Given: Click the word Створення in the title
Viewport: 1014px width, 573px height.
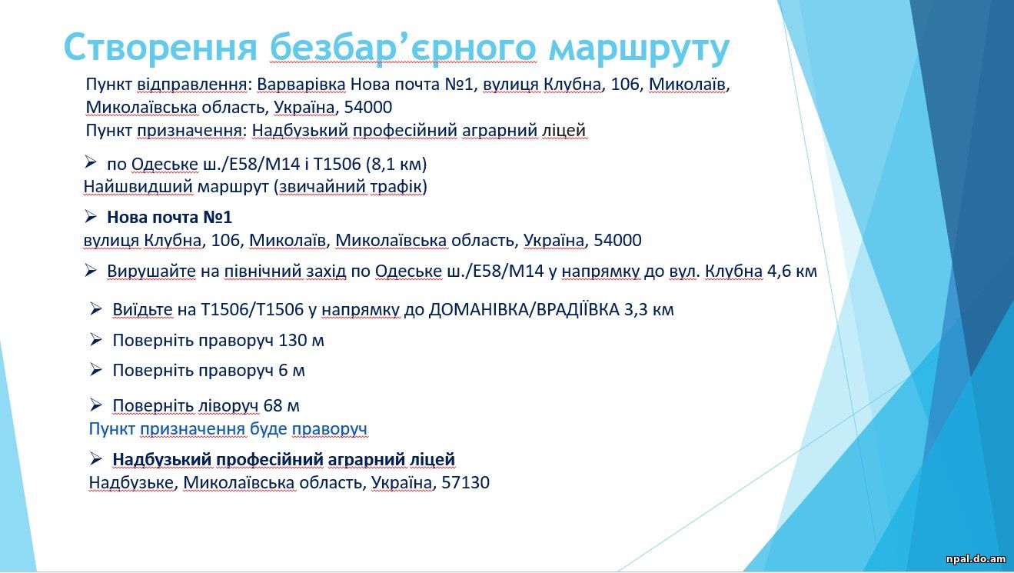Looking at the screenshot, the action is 161,47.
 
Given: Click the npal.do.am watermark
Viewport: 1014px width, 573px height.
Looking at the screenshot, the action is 975,558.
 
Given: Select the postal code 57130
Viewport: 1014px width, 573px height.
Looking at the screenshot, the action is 465,482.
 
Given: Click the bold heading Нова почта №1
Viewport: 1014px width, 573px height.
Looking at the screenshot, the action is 169,218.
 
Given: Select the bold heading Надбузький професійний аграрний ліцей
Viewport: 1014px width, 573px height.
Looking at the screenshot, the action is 284,459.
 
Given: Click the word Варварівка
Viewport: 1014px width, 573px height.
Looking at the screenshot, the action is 301,85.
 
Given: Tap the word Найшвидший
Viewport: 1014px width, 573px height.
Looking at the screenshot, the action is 138,187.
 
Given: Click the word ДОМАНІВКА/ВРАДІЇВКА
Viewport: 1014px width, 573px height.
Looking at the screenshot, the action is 524,309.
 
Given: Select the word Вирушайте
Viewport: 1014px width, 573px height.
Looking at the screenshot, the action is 151,272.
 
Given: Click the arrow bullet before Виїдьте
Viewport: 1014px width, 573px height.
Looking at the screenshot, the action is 95,309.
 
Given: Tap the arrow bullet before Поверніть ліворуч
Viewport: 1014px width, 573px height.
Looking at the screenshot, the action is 95,405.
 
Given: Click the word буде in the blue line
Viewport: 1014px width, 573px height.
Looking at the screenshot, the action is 268,428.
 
